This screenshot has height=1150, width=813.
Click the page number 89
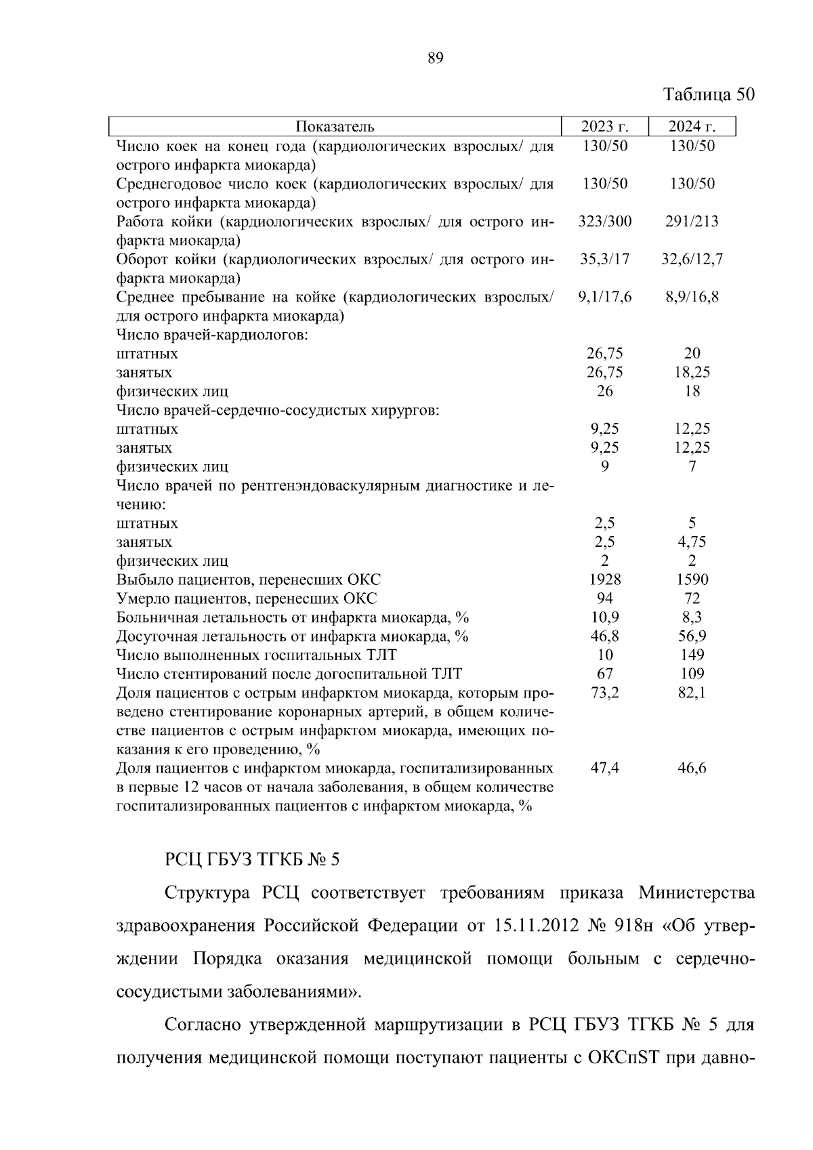coord(436,58)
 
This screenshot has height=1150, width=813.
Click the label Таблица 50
coord(708,94)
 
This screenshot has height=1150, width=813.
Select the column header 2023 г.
coord(604,127)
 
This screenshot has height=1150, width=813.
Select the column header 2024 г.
coord(692,127)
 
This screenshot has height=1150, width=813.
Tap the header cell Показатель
coord(335,127)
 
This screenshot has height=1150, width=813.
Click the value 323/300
coord(604,222)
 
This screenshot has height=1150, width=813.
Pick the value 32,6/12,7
coord(692,260)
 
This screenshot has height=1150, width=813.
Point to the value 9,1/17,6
coord(604,297)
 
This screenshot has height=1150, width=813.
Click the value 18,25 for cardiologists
coord(692,372)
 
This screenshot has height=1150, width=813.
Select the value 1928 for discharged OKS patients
coord(604,579)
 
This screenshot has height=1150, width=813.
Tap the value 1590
coord(692,579)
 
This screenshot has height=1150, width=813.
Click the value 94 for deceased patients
coord(604,598)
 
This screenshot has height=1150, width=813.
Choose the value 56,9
coord(692,636)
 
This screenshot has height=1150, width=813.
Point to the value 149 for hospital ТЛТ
coord(692,655)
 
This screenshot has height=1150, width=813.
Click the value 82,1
coord(692,693)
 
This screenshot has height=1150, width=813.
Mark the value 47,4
coord(604,768)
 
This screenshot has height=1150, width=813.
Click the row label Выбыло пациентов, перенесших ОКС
coord(248,580)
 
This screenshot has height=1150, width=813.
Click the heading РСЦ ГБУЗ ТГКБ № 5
coord(251,860)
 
